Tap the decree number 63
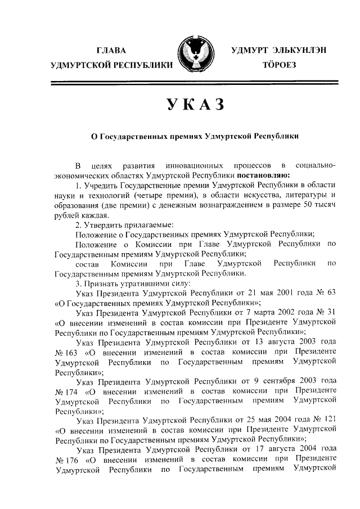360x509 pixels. [x=330, y=293]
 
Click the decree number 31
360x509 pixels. [x=330, y=312]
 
